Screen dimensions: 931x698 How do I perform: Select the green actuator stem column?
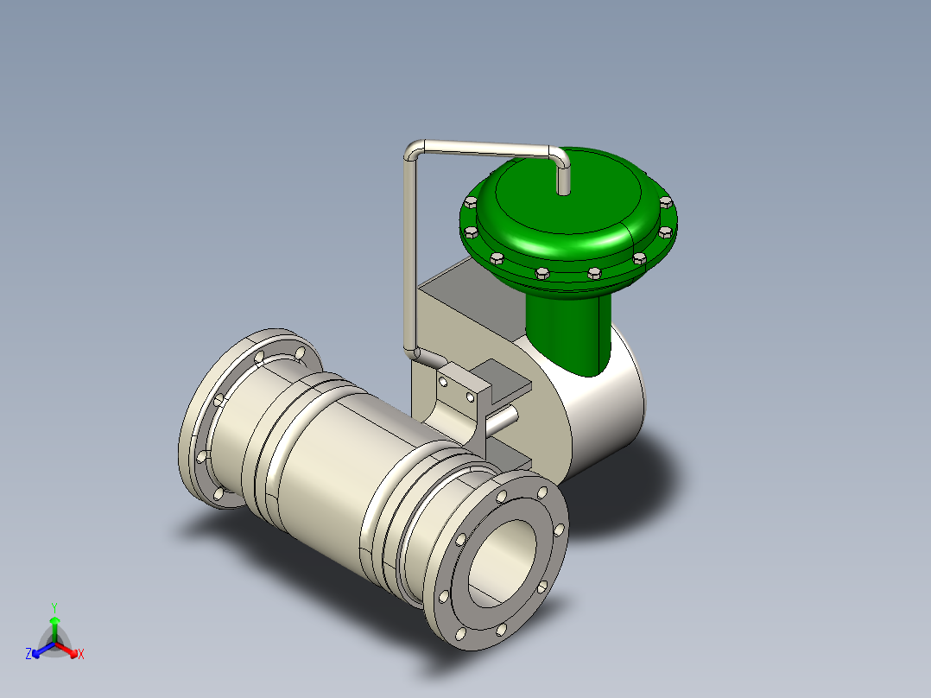coord(568,333)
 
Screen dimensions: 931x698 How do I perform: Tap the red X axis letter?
coord(81,654)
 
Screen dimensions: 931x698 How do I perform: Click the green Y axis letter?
coord(54,607)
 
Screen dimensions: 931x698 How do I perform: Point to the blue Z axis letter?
coord(28,654)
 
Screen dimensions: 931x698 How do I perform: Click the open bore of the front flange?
coord(503,562)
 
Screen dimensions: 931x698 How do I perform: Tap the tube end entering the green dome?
coord(563,178)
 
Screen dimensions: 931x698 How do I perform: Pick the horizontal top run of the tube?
coord(487,148)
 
